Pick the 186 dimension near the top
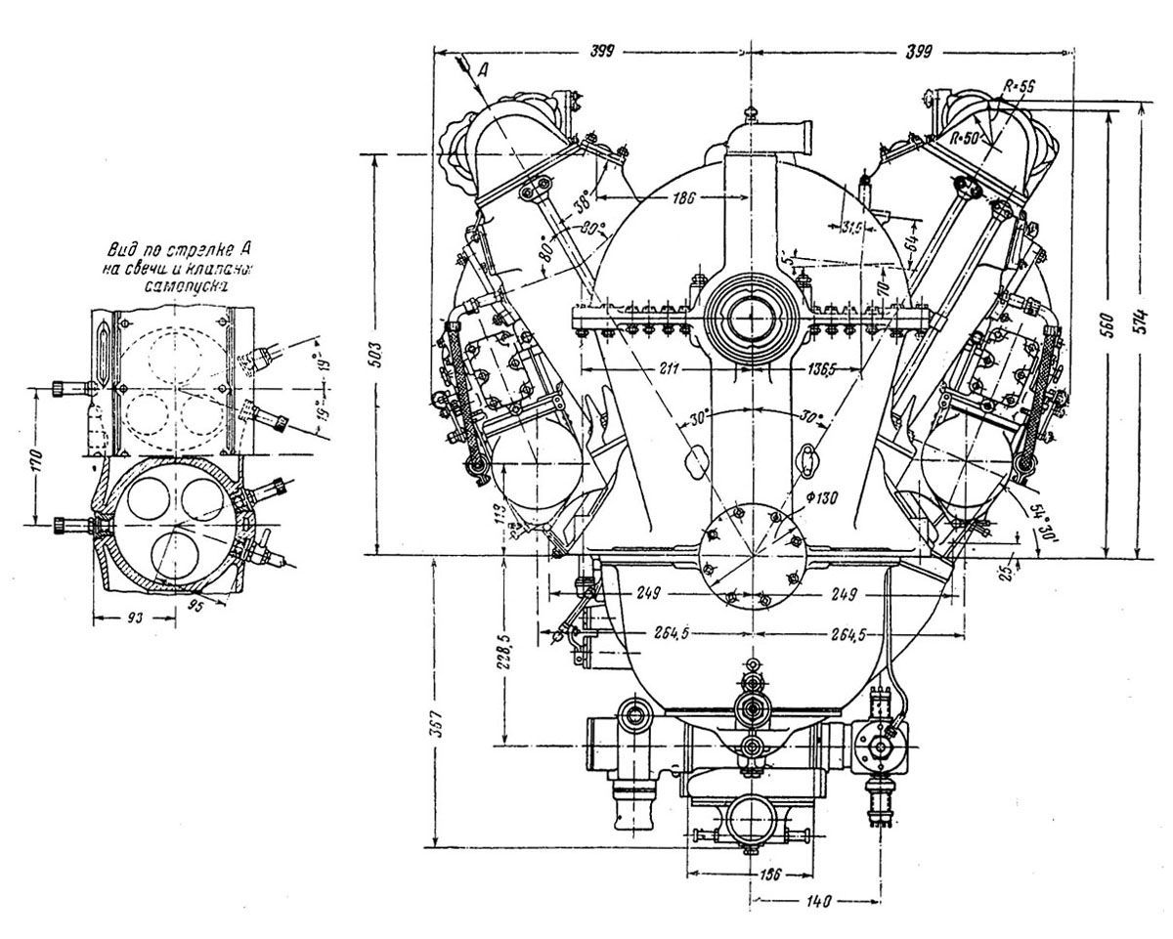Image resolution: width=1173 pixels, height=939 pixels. (682, 197)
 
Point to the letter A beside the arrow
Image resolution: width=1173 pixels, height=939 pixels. (483, 68)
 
